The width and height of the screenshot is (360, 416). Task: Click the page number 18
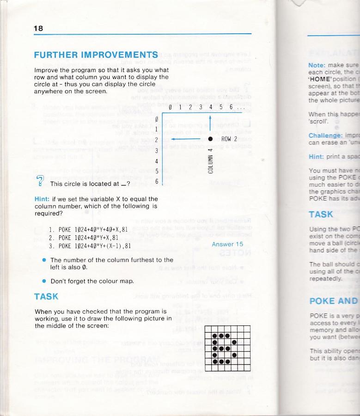click(38, 28)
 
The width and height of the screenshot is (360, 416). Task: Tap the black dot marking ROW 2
click(210, 139)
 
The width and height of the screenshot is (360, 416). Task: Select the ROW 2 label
click(229, 139)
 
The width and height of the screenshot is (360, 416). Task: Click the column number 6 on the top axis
click(227, 107)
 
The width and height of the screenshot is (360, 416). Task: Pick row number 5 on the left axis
click(157, 171)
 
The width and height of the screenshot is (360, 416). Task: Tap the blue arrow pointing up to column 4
click(210, 123)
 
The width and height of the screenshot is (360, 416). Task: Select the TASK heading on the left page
click(46, 297)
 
